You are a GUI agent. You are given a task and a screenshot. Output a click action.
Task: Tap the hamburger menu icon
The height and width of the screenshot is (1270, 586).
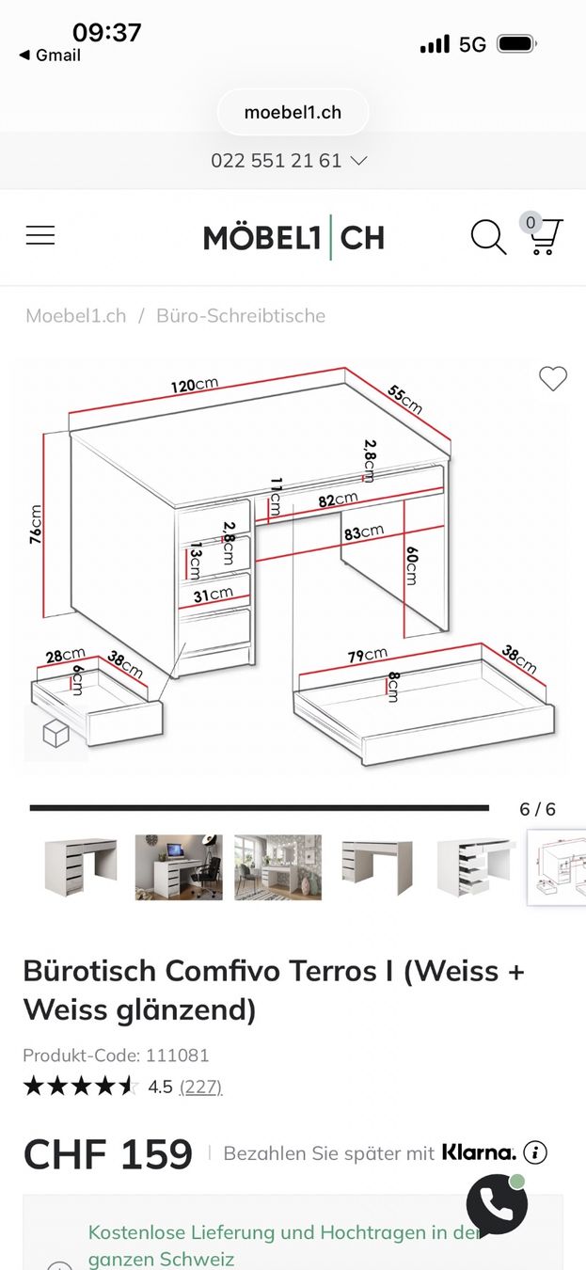[40, 235]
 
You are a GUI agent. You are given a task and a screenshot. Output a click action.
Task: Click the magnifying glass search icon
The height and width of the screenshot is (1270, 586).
[488, 236]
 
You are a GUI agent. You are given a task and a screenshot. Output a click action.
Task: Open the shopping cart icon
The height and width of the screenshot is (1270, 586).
[544, 235]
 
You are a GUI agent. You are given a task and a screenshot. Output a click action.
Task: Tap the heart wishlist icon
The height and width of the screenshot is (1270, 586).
[552, 379]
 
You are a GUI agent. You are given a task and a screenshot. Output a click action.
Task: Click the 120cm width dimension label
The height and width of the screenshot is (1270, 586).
[195, 385]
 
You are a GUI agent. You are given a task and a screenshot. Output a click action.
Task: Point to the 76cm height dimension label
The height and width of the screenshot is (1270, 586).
[36, 524]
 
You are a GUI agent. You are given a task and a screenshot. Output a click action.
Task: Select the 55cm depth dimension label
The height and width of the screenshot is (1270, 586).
[404, 399]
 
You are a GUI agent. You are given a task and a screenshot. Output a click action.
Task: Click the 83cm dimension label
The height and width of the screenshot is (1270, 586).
[364, 532]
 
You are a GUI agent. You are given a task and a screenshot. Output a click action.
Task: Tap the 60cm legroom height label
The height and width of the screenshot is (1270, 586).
[411, 565]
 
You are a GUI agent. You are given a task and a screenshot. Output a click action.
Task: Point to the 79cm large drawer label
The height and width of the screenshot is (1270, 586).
[367, 656]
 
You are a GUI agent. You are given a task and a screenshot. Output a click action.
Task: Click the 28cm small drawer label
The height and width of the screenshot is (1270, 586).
[65, 656]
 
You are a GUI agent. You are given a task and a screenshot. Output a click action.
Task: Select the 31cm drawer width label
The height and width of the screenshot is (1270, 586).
[214, 595]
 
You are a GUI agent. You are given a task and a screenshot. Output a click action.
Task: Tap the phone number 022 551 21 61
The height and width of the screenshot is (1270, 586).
[276, 161]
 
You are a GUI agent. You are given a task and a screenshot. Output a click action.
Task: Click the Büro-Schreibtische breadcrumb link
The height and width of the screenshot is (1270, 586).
[241, 316]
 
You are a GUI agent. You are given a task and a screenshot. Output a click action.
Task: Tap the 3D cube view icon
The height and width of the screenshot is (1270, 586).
[55, 733]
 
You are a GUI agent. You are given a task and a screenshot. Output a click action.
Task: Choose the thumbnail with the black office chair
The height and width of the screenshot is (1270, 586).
[179, 866]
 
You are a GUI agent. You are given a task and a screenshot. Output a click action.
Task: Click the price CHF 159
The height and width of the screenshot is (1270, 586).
[107, 1153]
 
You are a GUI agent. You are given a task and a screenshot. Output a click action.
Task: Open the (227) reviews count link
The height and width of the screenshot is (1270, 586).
[200, 1087]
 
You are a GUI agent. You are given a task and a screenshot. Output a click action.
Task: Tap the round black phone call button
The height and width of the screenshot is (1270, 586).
[497, 1206]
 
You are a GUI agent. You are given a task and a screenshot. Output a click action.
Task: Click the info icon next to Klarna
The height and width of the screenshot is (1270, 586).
[535, 1152]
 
